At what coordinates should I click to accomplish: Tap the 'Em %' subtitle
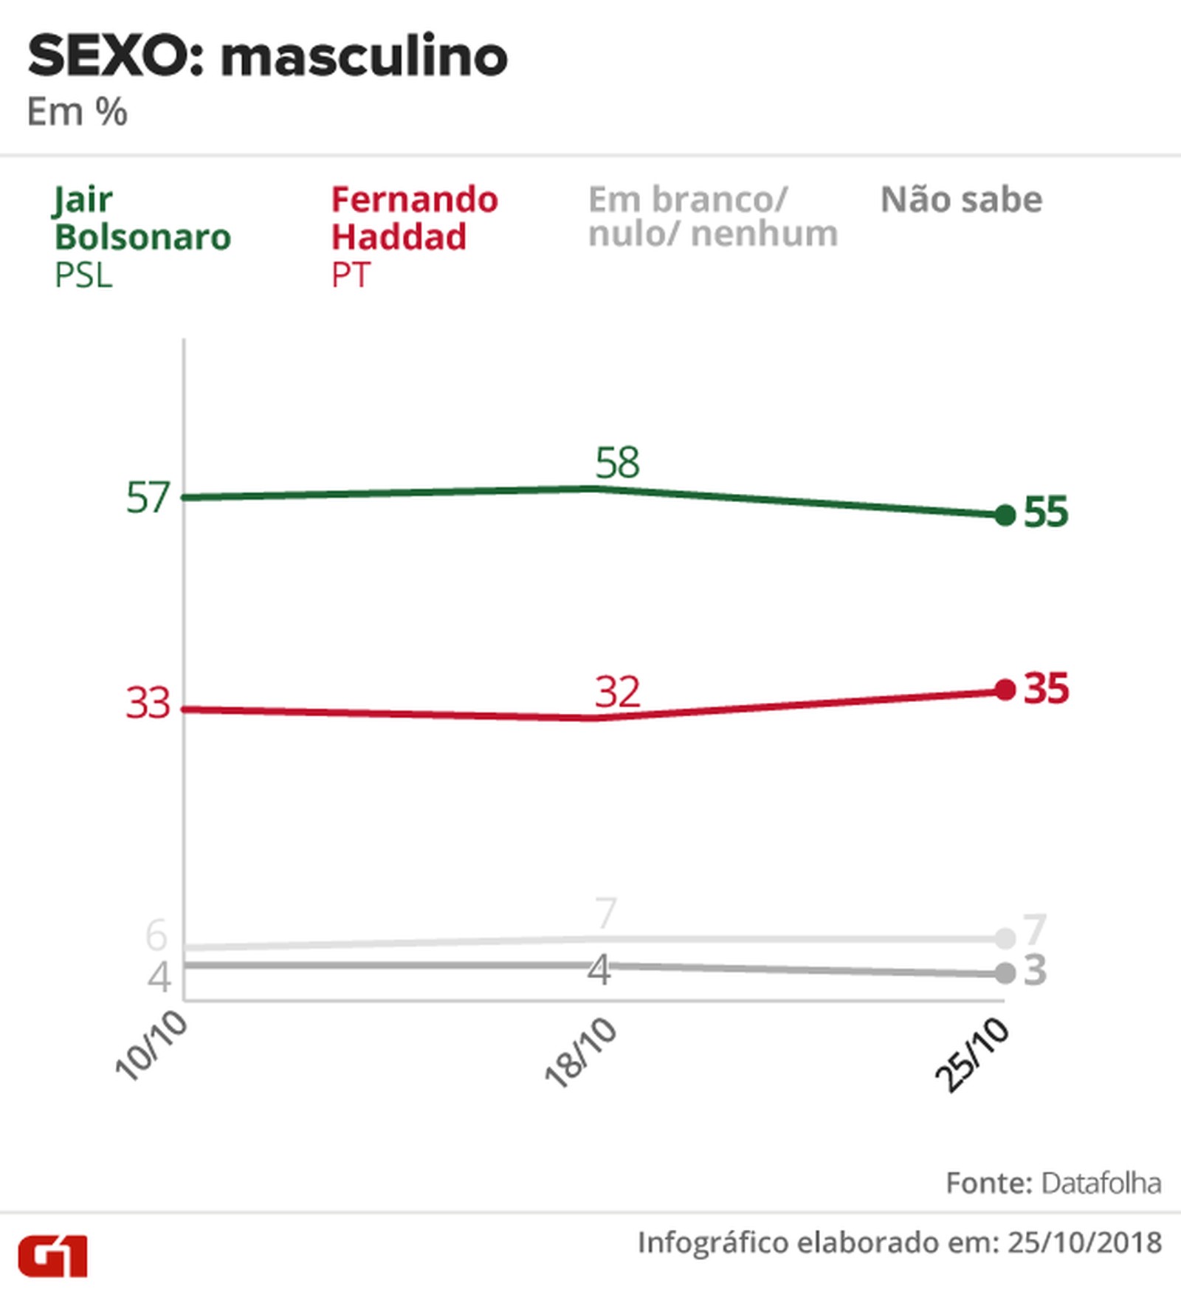(x=77, y=113)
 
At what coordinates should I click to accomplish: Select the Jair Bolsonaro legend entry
(x=142, y=236)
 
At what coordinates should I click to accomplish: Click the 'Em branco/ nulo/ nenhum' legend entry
(x=712, y=217)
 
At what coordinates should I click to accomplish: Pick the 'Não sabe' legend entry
(x=961, y=200)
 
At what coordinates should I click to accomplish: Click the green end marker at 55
(x=1005, y=515)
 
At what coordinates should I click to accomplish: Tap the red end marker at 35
(x=1005, y=690)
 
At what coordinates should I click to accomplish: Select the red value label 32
(x=617, y=692)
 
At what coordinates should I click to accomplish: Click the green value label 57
(x=148, y=498)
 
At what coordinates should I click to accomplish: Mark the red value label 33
(x=148, y=703)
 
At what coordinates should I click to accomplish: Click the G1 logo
(x=52, y=1256)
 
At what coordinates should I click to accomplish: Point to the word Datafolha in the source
(x=1101, y=1183)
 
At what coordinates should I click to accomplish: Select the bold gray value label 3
(x=1035, y=971)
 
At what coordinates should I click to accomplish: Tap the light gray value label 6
(x=156, y=935)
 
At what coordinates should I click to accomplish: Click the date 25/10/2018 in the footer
(x=1084, y=1243)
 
